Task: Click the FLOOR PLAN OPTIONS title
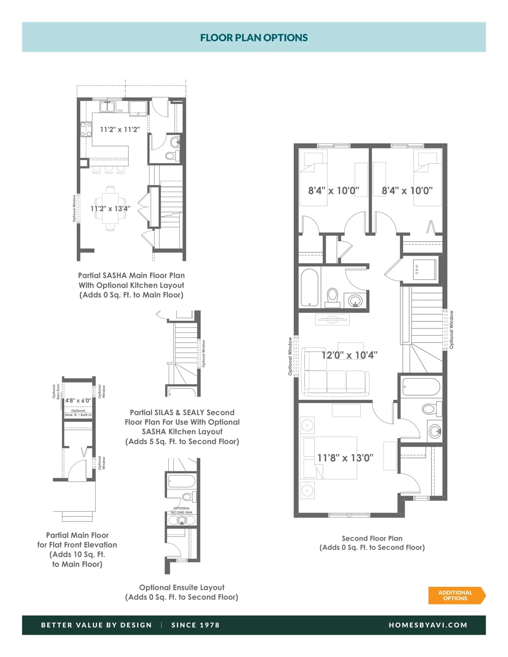click(x=254, y=38)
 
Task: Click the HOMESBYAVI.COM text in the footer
click(x=428, y=625)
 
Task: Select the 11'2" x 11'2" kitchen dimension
click(x=120, y=129)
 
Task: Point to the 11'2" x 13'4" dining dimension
click(x=110, y=208)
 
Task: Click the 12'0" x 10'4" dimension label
click(x=349, y=355)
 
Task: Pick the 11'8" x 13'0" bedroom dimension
click(x=345, y=458)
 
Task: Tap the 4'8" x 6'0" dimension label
click(x=78, y=401)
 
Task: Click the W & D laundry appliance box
click(x=424, y=269)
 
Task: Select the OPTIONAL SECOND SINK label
click(x=182, y=510)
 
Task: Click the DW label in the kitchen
click(x=120, y=111)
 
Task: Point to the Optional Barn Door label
click(x=56, y=391)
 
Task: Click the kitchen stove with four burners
click(x=86, y=129)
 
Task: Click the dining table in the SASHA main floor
click(x=110, y=208)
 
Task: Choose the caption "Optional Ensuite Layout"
click(x=182, y=588)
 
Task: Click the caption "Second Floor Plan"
click(x=372, y=538)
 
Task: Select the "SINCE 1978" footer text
click(x=196, y=625)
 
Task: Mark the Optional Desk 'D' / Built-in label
click(x=78, y=413)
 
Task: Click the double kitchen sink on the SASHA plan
click(x=107, y=107)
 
